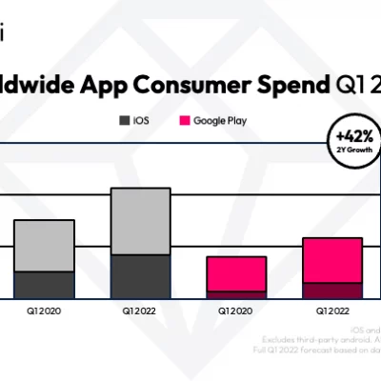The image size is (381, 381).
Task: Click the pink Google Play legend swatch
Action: click(184, 121)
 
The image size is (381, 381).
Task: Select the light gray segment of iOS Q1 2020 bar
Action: click(44, 245)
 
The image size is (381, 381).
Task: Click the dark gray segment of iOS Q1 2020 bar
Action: click(44, 285)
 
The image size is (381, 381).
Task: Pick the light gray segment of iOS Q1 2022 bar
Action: click(140, 221)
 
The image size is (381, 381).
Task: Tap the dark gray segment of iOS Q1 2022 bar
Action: click(140, 276)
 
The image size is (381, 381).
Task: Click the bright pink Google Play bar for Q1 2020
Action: click(236, 277)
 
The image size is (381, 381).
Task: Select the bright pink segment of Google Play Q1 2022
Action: click(332, 260)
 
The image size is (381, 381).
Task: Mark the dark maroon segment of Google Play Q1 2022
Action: click(332, 291)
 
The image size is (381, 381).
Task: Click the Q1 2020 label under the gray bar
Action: click(44, 311)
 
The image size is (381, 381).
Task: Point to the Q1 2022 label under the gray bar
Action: click(140, 311)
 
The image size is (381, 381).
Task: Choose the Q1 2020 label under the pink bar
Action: click(236, 311)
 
